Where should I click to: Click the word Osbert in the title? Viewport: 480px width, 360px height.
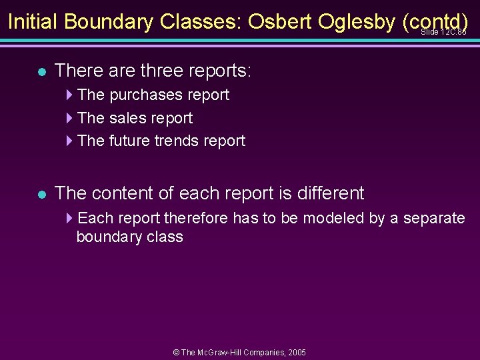click(x=279, y=22)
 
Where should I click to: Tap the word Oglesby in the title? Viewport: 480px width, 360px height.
click(x=357, y=22)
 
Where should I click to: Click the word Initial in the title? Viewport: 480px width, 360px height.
click(x=33, y=22)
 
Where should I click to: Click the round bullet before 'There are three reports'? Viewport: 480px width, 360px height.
click(x=41, y=71)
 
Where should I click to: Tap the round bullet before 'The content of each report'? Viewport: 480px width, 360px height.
click(x=41, y=195)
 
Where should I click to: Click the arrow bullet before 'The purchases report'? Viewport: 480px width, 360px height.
click(x=70, y=95)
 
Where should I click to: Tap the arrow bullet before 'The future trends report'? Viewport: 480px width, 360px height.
click(x=70, y=141)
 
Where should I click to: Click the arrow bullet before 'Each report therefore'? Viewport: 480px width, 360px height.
click(x=70, y=218)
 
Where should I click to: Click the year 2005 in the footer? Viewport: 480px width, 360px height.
click(x=297, y=352)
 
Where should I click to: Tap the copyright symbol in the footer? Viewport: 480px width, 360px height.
click(x=176, y=352)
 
